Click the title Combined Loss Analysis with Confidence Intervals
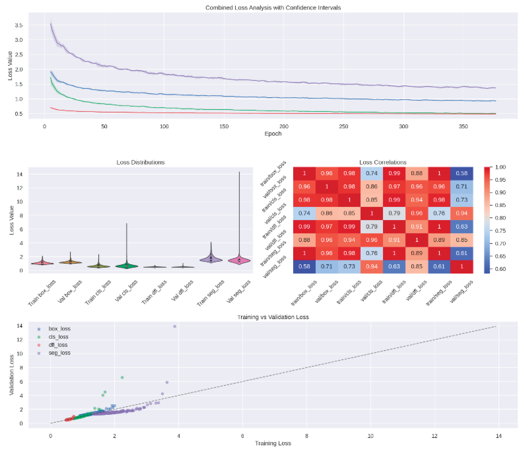(273, 8)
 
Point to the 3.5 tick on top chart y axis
(19, 25)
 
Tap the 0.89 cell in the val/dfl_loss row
(439, 240)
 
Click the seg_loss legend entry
(59, 353)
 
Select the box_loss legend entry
(59, 329)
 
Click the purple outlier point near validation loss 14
(175, 326)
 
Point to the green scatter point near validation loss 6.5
(122, 377)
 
